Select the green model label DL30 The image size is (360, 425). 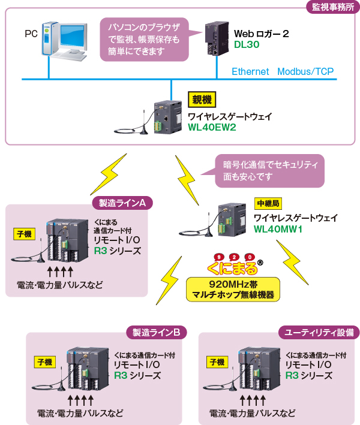[x=247, y=45]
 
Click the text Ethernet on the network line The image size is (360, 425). [x=250, y=71]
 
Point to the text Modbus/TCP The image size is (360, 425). [x=305, y=71]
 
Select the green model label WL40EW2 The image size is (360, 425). [x=212, y=128]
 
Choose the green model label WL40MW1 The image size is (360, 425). [x=278, y=229]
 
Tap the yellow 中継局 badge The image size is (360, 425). [x=268, y=204]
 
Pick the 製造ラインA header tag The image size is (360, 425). [x=122, y=203]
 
